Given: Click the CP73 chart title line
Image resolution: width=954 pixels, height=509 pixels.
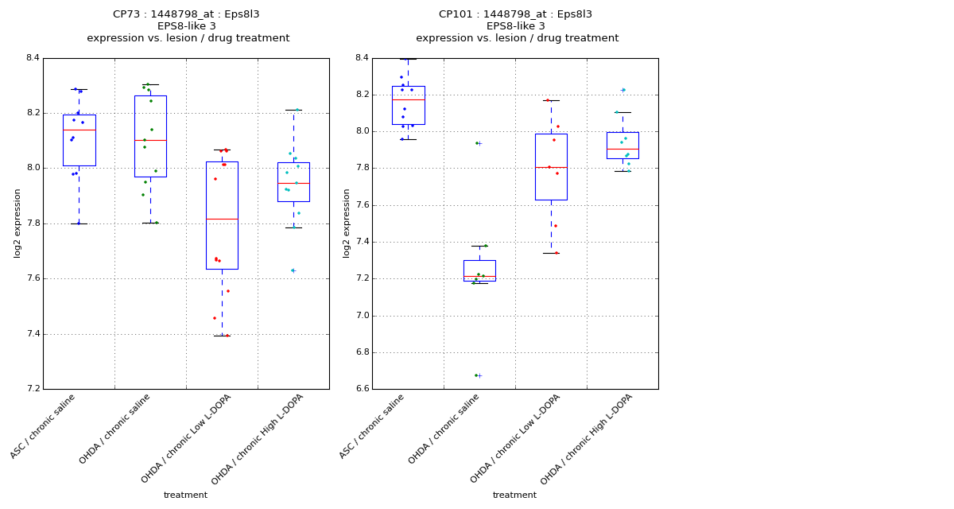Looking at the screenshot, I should (x=186, y=14).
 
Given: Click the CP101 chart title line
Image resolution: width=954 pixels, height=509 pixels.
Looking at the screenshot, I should (x=515, y=14).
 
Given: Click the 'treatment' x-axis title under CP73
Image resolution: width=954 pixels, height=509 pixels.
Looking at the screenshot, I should (x=185, y=495).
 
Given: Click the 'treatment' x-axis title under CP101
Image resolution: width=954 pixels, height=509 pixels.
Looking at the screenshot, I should (x=514, y=495).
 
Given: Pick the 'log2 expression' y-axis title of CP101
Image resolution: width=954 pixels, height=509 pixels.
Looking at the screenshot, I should (x=347, y=223).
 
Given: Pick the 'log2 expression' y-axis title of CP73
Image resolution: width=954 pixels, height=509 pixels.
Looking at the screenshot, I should (x=17, y=223).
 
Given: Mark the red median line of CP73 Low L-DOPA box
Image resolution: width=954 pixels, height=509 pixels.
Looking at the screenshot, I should (x=222, y=219).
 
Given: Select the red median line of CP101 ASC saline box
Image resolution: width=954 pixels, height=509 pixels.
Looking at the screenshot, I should (x=408, y=99).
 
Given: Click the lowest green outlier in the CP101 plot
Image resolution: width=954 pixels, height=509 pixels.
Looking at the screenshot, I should (x=477, y=375).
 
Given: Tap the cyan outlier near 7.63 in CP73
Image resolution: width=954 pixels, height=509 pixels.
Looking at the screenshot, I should (x=293, y=270).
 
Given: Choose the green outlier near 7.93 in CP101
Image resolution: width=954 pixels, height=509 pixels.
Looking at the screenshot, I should (x=477, y=143).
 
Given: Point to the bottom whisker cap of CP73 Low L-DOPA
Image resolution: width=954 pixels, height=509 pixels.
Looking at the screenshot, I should (x=222, y=336).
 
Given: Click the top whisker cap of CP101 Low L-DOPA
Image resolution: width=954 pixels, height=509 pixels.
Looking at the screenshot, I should (x=551, y=100).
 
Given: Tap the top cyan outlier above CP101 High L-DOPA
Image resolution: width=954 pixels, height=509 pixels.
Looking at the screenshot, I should (x=623, y=90).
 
